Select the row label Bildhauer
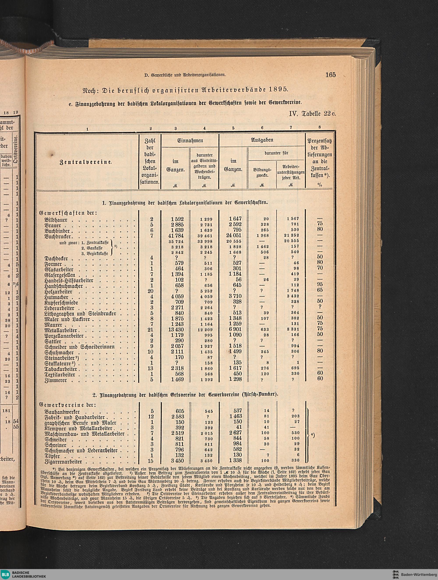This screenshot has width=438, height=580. coord(56,220)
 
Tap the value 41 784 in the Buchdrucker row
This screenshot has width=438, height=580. coord(176,236)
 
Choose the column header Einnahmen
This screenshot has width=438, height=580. coord(190,141)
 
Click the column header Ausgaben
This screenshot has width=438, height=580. coord(262,140)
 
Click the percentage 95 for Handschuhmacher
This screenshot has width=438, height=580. coord(320,284)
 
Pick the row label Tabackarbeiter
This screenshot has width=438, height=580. coord(61,369)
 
